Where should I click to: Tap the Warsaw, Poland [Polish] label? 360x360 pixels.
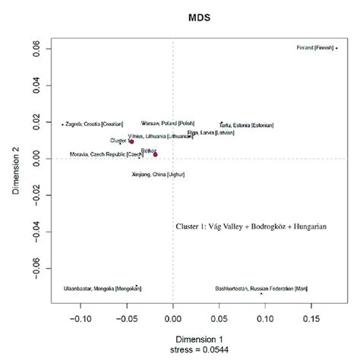168,123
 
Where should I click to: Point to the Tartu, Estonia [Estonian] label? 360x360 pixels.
247,125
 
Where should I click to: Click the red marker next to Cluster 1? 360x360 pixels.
131,141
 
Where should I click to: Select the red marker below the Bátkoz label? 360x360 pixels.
155,154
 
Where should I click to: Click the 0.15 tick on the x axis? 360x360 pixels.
311,320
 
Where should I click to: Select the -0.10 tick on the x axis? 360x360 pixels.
81,320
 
